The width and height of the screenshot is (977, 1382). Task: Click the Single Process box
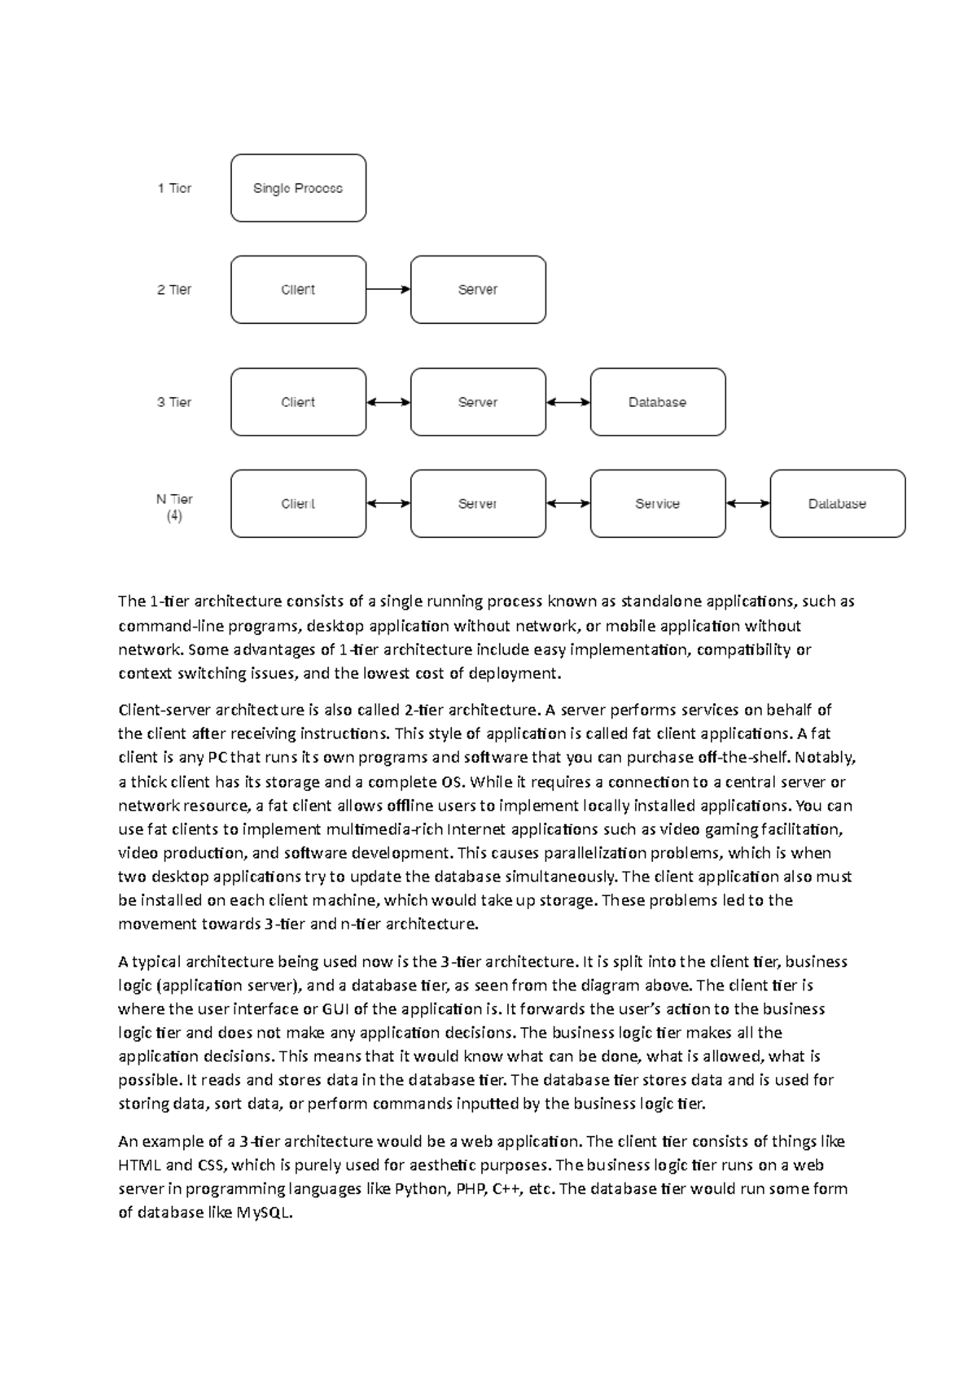tap(298, 188)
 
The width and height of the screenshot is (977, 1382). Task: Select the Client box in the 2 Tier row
tap(298, 290)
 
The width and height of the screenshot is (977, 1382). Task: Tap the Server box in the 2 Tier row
tap(478, 290)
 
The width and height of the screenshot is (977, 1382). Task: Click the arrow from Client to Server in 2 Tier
tap(388, 289)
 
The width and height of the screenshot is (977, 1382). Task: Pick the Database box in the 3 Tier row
tap(657, 402)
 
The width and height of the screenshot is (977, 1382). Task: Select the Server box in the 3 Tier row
tap(478, 402)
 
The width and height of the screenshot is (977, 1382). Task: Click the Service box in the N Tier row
tap(657, 504)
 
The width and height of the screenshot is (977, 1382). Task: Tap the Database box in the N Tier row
tap(837, 504)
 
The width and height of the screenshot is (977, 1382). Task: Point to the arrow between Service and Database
tap(747, 504)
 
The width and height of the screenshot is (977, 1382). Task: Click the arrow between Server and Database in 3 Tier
tap(568, 402)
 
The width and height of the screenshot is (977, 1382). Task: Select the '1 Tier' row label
tap(174, 188)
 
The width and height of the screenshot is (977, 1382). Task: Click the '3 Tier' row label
tap(174, 402)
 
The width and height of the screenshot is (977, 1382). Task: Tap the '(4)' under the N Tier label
tap(174, 516)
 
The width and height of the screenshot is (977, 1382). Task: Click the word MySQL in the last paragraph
tap(264, 1213)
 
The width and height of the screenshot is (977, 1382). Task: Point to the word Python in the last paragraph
tap(421, 1189)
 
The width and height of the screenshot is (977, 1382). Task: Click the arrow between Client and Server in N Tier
tap(388, 504)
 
